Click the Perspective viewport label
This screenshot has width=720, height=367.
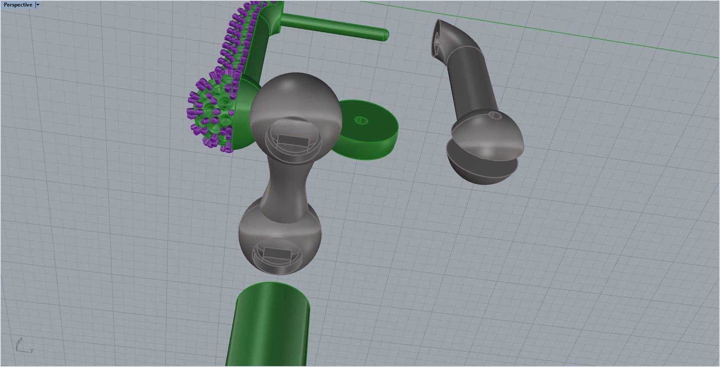click(17, 5)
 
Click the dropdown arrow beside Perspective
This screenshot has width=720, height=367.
click(38, 5)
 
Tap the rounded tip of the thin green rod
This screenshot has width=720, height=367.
click(384, 35)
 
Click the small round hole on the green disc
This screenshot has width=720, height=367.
click(362, 120)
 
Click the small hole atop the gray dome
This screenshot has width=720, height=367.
click(494, 115)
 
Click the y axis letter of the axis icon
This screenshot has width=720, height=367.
click(32, 350)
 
